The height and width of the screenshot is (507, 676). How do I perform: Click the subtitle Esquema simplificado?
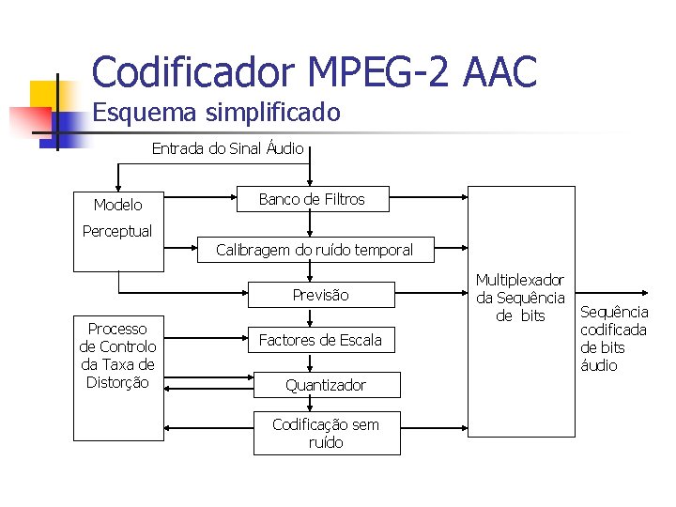[x=216, y=114]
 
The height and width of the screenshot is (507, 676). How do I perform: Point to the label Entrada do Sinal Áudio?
[x=227, y=148]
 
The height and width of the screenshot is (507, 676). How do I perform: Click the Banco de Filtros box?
[x=312, y=199]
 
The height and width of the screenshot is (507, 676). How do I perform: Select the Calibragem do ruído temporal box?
[x=314, y=250]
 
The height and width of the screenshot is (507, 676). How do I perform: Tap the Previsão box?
[x=320, y=295]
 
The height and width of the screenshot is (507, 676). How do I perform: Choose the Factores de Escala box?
[x=320, y=340]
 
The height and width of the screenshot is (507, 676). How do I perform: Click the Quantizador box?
[x=326, y=385]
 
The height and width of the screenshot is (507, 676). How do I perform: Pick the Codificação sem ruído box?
[x=326, y=433]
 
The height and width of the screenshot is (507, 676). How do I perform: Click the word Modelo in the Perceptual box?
[x=118, y=205]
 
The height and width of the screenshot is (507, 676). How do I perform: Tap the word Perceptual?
[x=117, y=231]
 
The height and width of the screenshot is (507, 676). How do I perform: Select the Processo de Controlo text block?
[x=117, y=355]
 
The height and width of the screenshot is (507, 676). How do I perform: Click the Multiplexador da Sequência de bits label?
[x=520, y=298]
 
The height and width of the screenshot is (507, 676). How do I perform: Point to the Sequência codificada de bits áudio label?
[x=614, y=338]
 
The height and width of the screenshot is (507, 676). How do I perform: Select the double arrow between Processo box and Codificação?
[x=208, y=433]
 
